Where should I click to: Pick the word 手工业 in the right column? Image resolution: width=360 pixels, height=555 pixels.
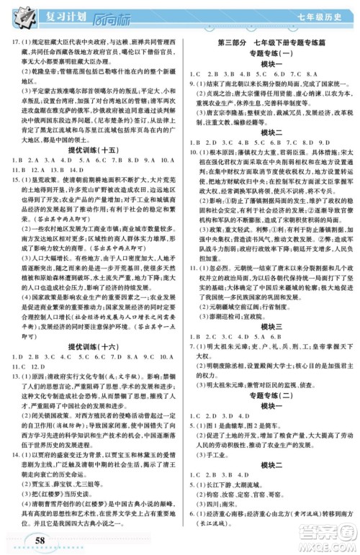point(210,474)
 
